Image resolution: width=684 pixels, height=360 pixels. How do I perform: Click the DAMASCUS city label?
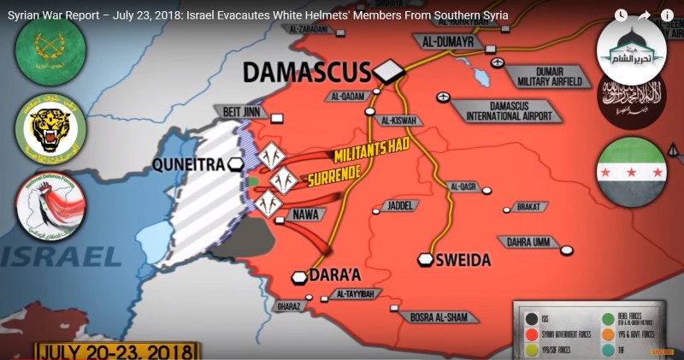point(307,72)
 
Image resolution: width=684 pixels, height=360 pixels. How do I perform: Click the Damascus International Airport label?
point(510,109)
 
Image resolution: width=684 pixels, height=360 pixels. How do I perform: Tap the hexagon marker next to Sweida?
point(425,259)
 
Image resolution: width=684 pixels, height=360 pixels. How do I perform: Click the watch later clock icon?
point(621,15)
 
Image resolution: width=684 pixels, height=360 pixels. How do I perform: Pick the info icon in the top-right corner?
point(667,15)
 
